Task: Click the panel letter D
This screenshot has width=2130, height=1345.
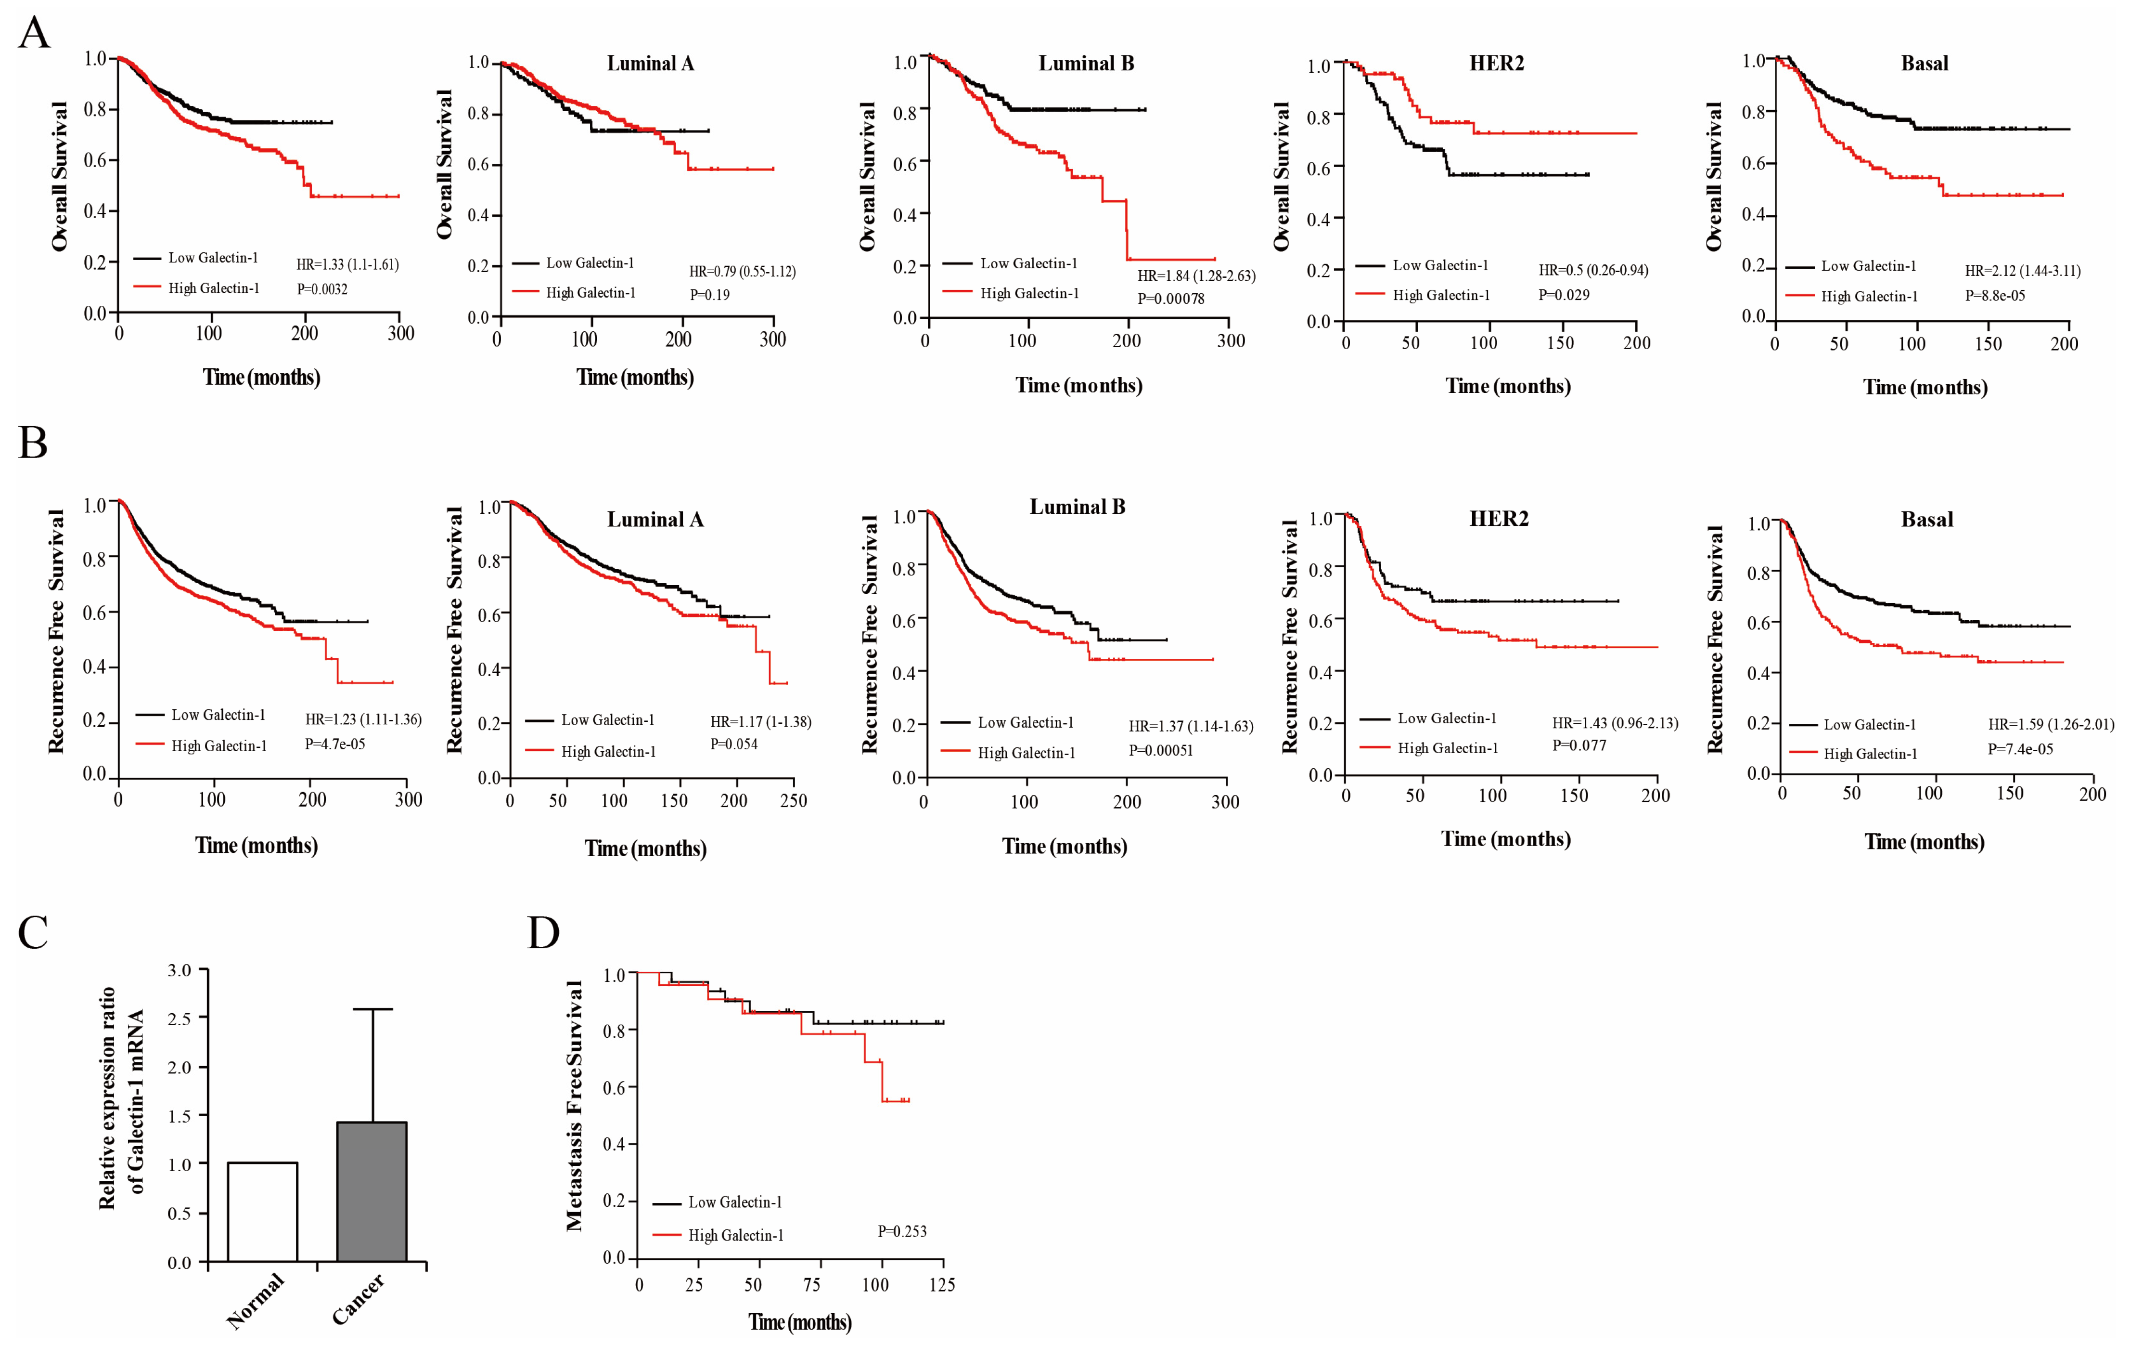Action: pos(543,933)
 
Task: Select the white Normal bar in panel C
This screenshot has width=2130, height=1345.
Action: pos(263,1212)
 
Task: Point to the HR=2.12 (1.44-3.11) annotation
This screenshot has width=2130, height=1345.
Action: pos(2022,271)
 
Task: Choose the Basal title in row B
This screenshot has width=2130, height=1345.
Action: pos(1926,520)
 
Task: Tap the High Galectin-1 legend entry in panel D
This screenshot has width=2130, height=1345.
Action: pos(735,1235)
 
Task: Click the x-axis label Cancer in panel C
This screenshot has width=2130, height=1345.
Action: pos(358,1299)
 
